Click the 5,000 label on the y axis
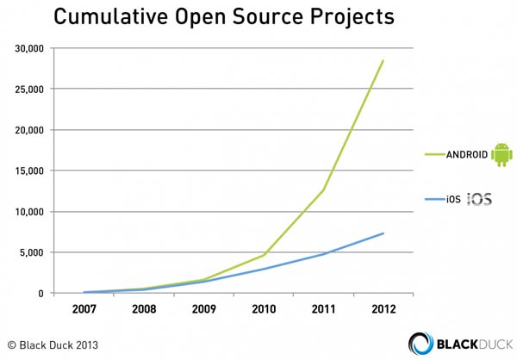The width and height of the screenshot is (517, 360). [x=34, y=253]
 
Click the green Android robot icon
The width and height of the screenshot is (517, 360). [x=501, y=154]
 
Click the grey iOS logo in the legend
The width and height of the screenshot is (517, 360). [x=480, y=201]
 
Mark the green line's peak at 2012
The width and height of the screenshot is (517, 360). [x=383, y=60]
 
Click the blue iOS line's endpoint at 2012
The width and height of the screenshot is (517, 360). [x=383, y=233]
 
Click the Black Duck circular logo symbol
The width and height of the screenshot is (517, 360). [x=421, y=342]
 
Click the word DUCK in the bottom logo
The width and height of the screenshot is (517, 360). [x=488, y=342]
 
